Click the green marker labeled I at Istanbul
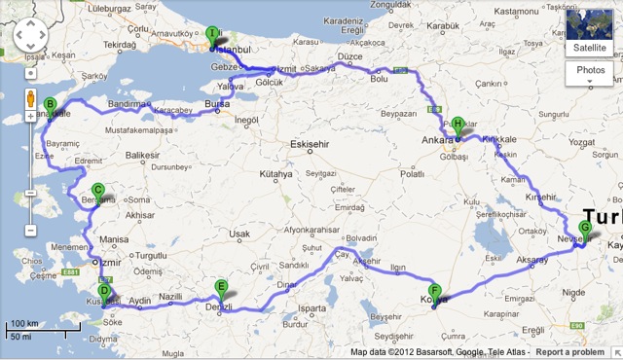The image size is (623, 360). tap(212, 33)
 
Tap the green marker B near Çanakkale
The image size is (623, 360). tap(50, 106)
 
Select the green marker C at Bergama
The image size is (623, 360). tap(97, 191)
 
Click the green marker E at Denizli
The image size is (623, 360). tap(221, 287)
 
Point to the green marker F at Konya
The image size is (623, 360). tap(435, 291)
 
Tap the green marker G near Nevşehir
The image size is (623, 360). tap(584, 229)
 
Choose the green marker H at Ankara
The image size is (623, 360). tap(457, 125)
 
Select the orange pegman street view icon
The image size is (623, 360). tap(30, 99)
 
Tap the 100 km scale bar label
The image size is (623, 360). tap(24, 324)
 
